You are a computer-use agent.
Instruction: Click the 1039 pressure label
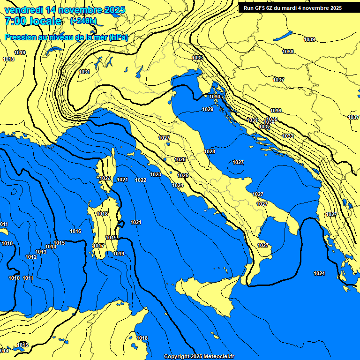click(x=309, y=39)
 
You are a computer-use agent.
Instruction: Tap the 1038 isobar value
click(x=288, y=52)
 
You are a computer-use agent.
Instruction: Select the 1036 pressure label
click(x=276, y=111)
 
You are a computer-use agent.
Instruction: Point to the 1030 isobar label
click(x=215, y=97)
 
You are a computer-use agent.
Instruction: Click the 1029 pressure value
click(x=208, y=109)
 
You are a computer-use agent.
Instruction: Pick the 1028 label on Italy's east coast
click(x=210, y=151)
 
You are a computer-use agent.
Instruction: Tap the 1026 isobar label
click(x=180, y=159)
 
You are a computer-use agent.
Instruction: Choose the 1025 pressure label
click(x=183, y=175)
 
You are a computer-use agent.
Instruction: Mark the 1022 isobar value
click(x=141, y=180)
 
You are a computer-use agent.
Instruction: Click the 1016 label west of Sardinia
click(x=75, y=231)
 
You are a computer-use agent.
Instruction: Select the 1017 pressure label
click(x=98, y=246)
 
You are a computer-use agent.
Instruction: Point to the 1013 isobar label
click(x=41, y=252)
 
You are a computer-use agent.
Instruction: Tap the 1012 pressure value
click(x=31, y=257)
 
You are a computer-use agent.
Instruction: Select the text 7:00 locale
click(x=33, y=21)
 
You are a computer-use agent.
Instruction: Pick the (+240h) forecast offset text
click(x=83, y=21)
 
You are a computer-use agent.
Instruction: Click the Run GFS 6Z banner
click(x=292, y=8)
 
